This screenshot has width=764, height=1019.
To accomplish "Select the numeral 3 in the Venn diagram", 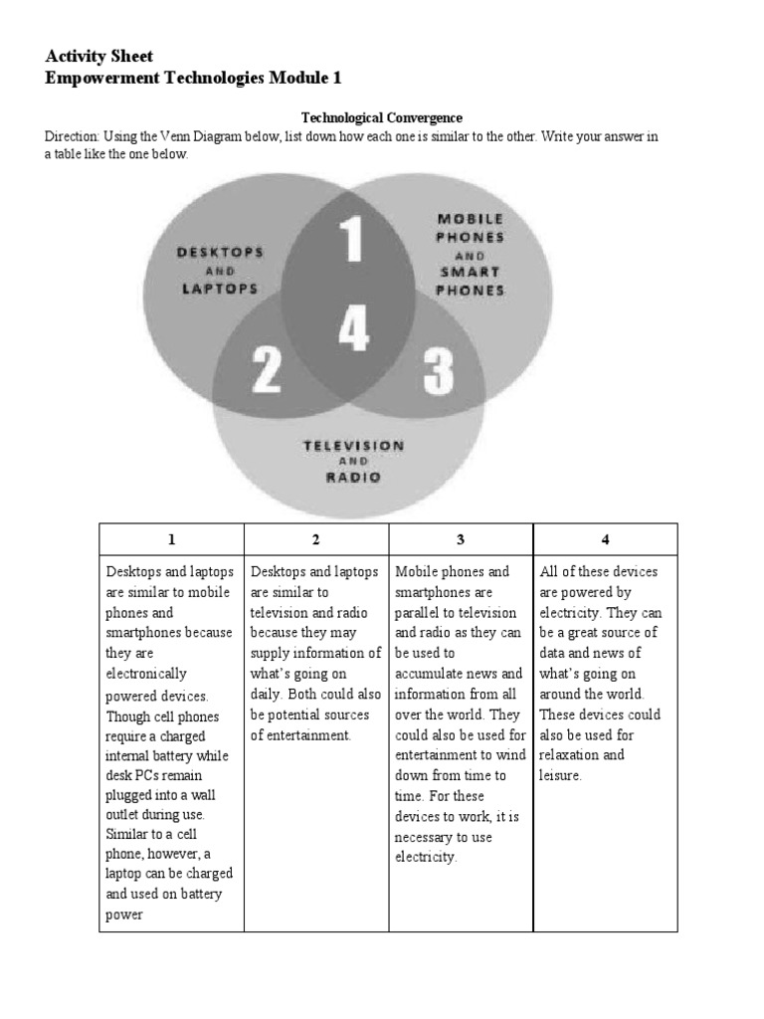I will tap(438, 371).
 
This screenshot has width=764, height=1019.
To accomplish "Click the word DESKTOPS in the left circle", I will tap(221, 252).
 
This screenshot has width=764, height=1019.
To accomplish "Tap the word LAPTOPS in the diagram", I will tap(220, 289).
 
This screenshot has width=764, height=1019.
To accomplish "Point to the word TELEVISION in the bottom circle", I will tap(354, 445).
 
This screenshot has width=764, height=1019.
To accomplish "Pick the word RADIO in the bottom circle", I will tap(354, 477).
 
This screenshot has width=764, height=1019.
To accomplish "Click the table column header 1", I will tap(171, 539).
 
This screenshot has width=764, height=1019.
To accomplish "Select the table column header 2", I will tap(315, 539).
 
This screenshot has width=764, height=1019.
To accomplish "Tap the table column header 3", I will tap(461, 539).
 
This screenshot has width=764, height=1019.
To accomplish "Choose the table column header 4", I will tap(605, 539).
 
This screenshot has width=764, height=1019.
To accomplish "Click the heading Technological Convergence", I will tap(382, 117).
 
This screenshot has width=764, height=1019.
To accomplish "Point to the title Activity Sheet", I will tap(99, 56).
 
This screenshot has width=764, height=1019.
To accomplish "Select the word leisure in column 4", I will tap(559, 774).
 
